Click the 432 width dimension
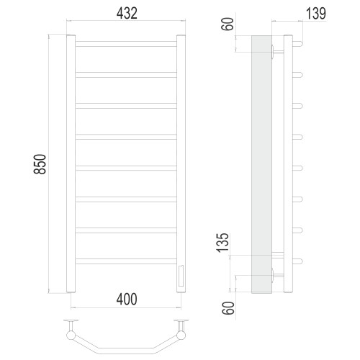point(127,14)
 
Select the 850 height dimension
point(40,164)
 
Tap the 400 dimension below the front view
point(127,299)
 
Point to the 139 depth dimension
point(316,14)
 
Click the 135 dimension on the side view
point(222,243)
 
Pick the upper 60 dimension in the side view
point(228,24)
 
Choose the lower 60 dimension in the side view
point(228,308)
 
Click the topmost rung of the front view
point(126,44)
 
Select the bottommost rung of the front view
point(126,261)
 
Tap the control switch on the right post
point(181,276)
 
